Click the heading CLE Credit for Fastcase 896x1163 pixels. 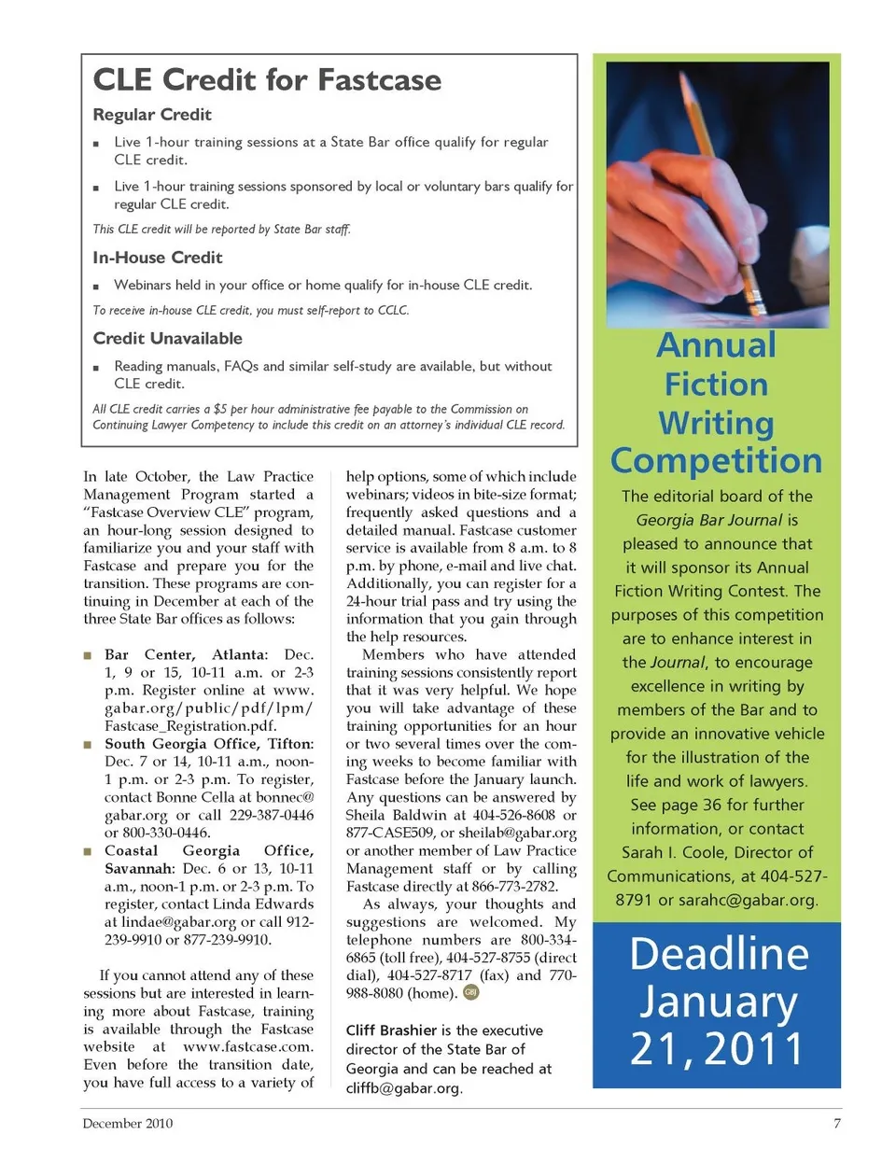click(267, 80)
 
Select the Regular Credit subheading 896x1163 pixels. click(152, 115)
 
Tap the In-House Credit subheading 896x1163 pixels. click(158, 258)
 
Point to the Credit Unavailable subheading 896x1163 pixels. click(168, 339)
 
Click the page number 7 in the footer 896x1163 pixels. click(836, 1123)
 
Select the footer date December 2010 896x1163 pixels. click(128, 1123)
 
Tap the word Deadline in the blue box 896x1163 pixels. click(719, 954)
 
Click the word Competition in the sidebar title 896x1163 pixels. click(717, 461)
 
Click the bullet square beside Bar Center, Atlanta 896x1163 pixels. click(88, 655)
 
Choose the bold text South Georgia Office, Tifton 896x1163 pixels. click(209, 744)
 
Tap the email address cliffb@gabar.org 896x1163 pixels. click(403, 1088)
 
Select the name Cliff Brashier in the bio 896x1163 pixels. click(391, 1030)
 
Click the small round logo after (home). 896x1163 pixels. click(471, 992)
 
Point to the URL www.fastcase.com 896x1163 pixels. click(248, 1047)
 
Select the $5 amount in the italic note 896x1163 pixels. click(220, 409)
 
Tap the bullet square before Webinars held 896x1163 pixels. click(96, 287)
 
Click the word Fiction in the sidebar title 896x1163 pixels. click(717, 385)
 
